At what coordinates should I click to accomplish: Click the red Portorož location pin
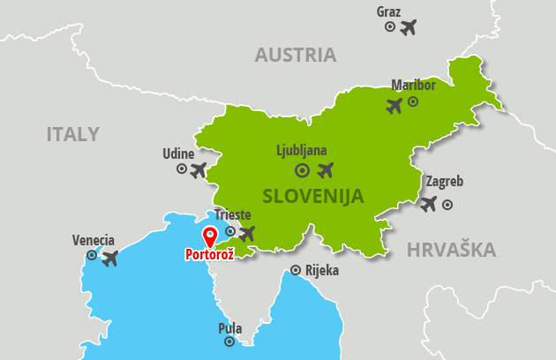pos(210,236)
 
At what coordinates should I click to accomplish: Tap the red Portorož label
pos(209,255)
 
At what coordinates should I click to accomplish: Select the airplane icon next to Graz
pos(408,27)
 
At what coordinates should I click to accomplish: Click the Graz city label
pos(388,11)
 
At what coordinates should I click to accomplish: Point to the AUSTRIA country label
pos(296,55)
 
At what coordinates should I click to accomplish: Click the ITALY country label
pos(72,134)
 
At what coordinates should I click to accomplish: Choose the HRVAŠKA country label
pos(451,251)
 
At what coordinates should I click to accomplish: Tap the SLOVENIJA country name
pos(312,196)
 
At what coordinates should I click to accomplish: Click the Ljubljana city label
pos(302,150)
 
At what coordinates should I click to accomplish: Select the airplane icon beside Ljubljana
pos(326,169)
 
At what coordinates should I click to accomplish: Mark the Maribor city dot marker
pos(412,101)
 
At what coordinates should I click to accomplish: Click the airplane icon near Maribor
pos(394,106)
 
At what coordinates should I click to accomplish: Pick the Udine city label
pos(178,154)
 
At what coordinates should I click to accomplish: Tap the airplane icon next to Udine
pos(199,169)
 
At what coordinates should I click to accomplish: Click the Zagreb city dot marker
pos(447,205)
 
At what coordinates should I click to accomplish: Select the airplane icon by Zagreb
pos(429,204)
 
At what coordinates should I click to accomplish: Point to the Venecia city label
pos(94,240)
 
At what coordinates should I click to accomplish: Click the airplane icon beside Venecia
pos(109,259)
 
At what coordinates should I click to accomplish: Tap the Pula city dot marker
pos(229,341)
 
